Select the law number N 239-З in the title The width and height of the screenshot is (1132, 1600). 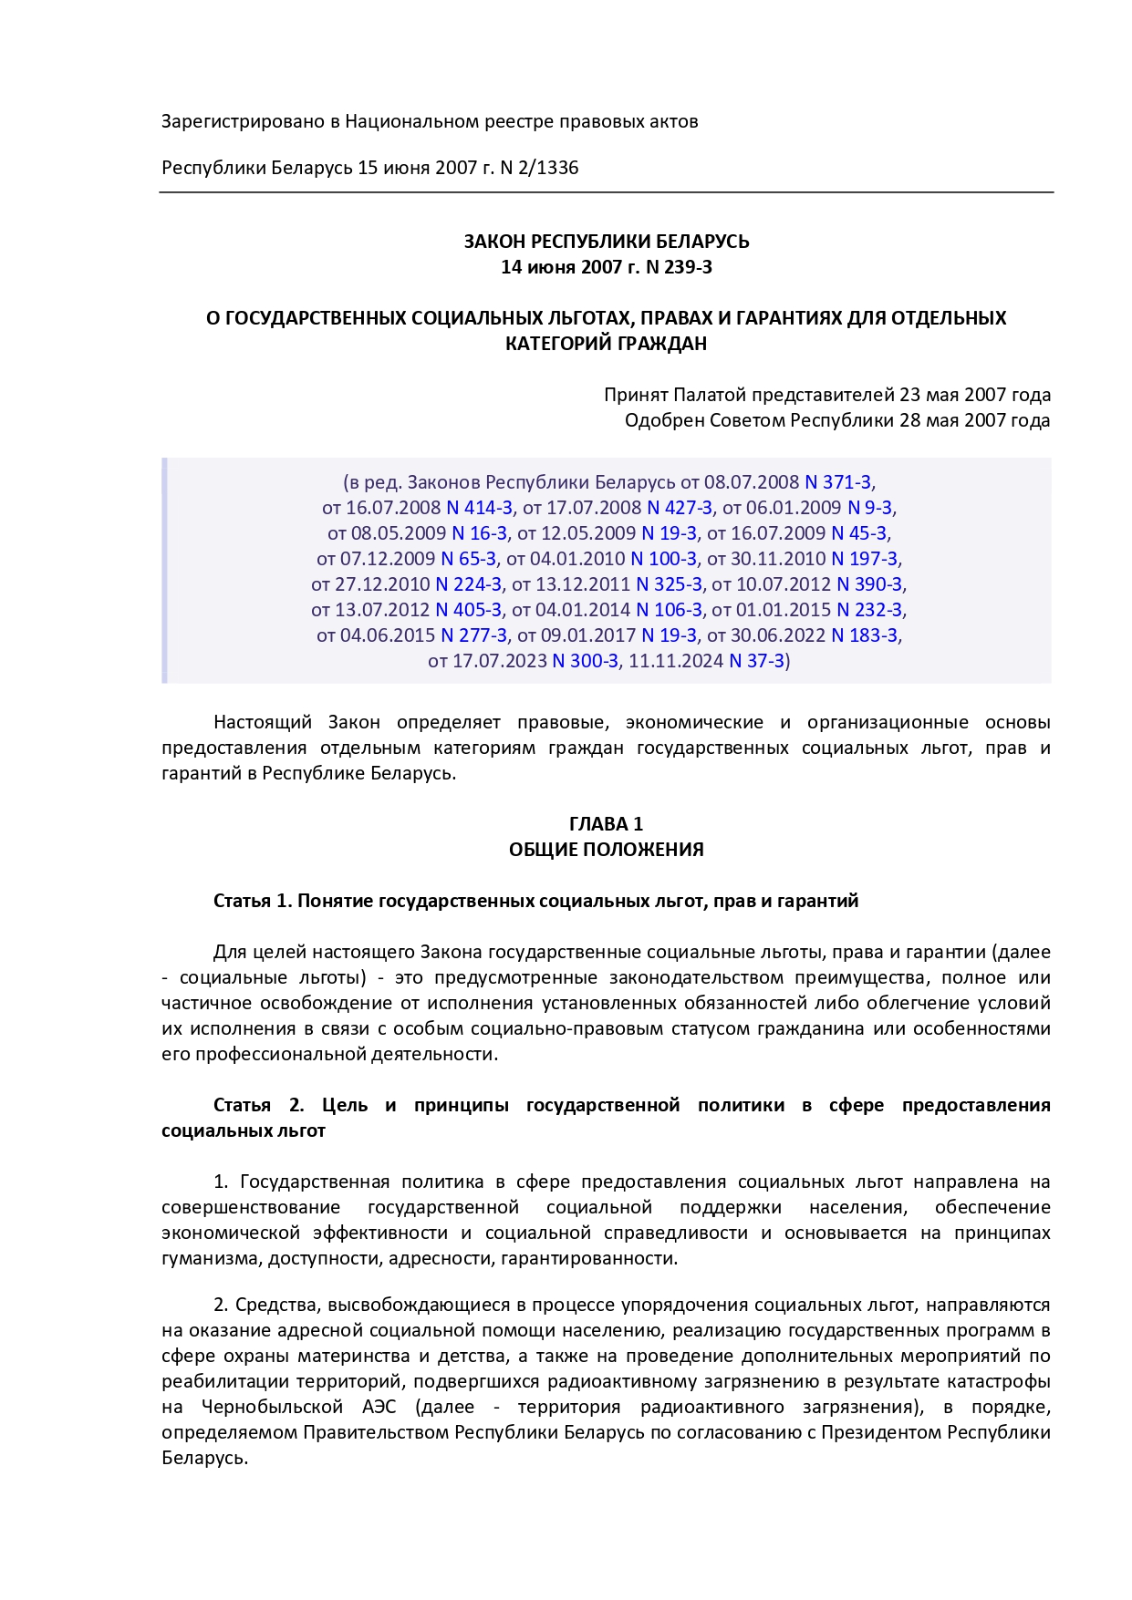pyautogui.click(x=679, y=267)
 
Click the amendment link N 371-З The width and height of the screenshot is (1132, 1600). pyautogui.click(x=837, y=482)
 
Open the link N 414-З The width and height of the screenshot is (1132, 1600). pyautogui.click(x=479, y=508)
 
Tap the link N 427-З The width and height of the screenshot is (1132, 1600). pyautogui.click(x=680, y=508)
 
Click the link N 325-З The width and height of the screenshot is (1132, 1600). pyautogui.click(x=669, y=584)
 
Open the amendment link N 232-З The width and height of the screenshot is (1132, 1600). pyautogui.click(x=869, y=610)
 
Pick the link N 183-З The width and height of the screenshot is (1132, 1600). pyautogui.click(x=864, y=635)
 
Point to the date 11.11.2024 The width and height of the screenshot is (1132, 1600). pyautogui.click(x=675, y=661)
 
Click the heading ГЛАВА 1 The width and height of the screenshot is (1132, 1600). pyautogui.click(x=606, y=824)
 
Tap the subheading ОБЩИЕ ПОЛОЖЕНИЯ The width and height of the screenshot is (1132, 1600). pyautogui.click(x=606, y=850)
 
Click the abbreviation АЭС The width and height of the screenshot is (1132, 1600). pyautogui.click(x=379, y=1407)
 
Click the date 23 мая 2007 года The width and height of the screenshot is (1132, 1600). pyautogui.click(x=974, y=395)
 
